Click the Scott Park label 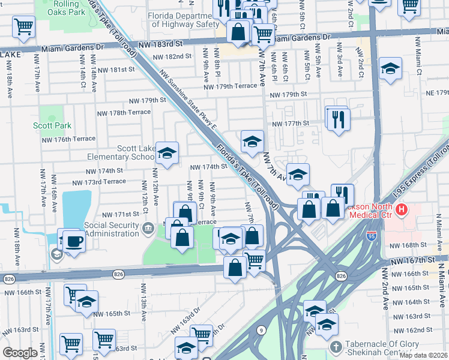(52, 125)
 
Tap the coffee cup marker (74, 241)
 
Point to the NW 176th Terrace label (68, 139)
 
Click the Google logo (20, 353)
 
